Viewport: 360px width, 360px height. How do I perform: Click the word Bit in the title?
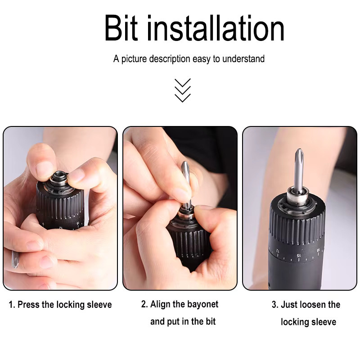point(121,28)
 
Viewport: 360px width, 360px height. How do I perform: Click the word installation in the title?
point(216,28)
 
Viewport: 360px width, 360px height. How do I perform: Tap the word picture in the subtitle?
point(134,59)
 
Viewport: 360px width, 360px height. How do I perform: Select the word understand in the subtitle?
point(243,59)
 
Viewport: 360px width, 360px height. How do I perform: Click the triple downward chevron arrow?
point(183,90)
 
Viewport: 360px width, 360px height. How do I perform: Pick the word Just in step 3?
point(289,305)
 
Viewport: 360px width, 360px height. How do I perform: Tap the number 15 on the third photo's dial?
point(298,255)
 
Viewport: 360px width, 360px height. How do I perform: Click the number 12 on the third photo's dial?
point(277,250)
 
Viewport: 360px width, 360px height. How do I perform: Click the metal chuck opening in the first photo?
point(59,177)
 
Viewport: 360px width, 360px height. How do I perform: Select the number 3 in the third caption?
point(274,305)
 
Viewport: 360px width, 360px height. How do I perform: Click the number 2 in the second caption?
point(144,304)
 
